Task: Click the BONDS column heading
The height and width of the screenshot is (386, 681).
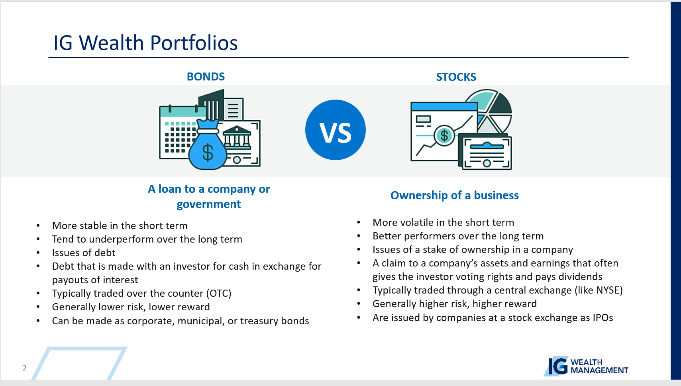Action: click(206, 76)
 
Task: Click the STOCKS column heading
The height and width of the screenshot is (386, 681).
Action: click(456, 77)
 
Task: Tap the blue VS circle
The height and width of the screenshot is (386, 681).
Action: click(336, 130)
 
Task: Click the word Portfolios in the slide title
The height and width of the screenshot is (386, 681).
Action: click(194, 43)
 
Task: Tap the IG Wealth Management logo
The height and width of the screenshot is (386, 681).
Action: click(586, 366)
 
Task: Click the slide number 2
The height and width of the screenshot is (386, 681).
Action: click(24, 368)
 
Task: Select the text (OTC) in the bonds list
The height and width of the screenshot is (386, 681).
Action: click(219, 293)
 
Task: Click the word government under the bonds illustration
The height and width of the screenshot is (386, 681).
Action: click(208, 204)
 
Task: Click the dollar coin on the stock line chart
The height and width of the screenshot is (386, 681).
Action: click(444, 135)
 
